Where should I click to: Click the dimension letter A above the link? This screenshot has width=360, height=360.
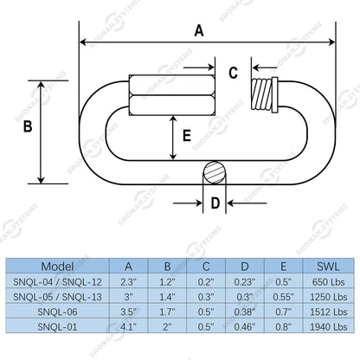(199, 30)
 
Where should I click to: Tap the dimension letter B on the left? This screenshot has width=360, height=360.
(28, 126)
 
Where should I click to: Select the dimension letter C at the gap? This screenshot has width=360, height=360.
(233, 73)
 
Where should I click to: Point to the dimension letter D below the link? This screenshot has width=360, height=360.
(215, 203)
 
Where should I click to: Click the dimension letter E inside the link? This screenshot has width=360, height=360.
(187, 136)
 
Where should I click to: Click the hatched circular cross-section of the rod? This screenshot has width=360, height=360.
(215, 173)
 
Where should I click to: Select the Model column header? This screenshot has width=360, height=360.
(57, 267)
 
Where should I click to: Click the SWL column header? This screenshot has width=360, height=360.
(328, 267)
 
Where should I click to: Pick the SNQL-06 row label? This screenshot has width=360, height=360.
(57, 312)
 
